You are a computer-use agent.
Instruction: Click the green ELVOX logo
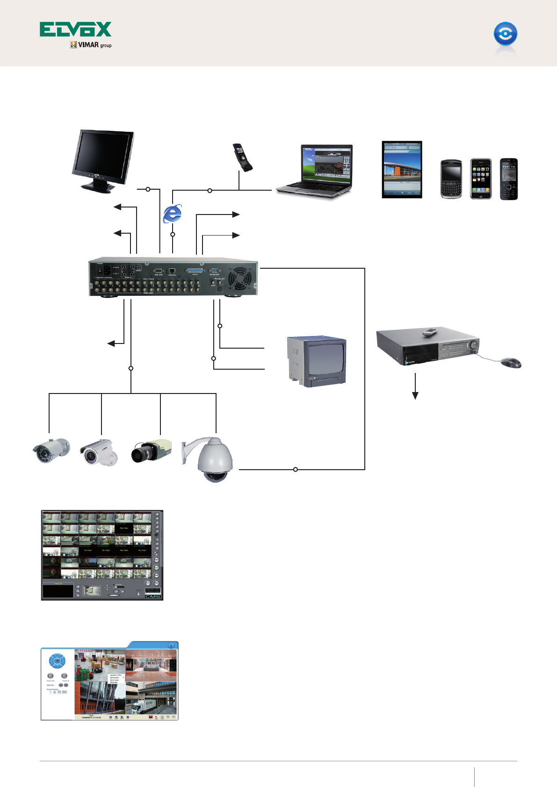75,29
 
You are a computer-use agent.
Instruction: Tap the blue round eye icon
505,34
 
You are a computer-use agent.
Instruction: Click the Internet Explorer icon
172,214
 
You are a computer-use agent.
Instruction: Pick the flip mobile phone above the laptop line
242,157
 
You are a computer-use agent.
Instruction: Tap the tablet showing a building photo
402,169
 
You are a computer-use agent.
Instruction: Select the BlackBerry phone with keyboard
451,179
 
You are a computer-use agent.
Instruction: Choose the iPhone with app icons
481,179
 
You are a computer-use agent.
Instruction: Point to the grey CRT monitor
318,361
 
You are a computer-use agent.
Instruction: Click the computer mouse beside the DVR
511,362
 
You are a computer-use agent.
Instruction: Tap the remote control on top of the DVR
430,332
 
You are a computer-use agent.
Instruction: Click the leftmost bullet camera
51,451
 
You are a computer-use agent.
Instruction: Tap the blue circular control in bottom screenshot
57,661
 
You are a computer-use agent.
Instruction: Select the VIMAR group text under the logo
91,45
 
